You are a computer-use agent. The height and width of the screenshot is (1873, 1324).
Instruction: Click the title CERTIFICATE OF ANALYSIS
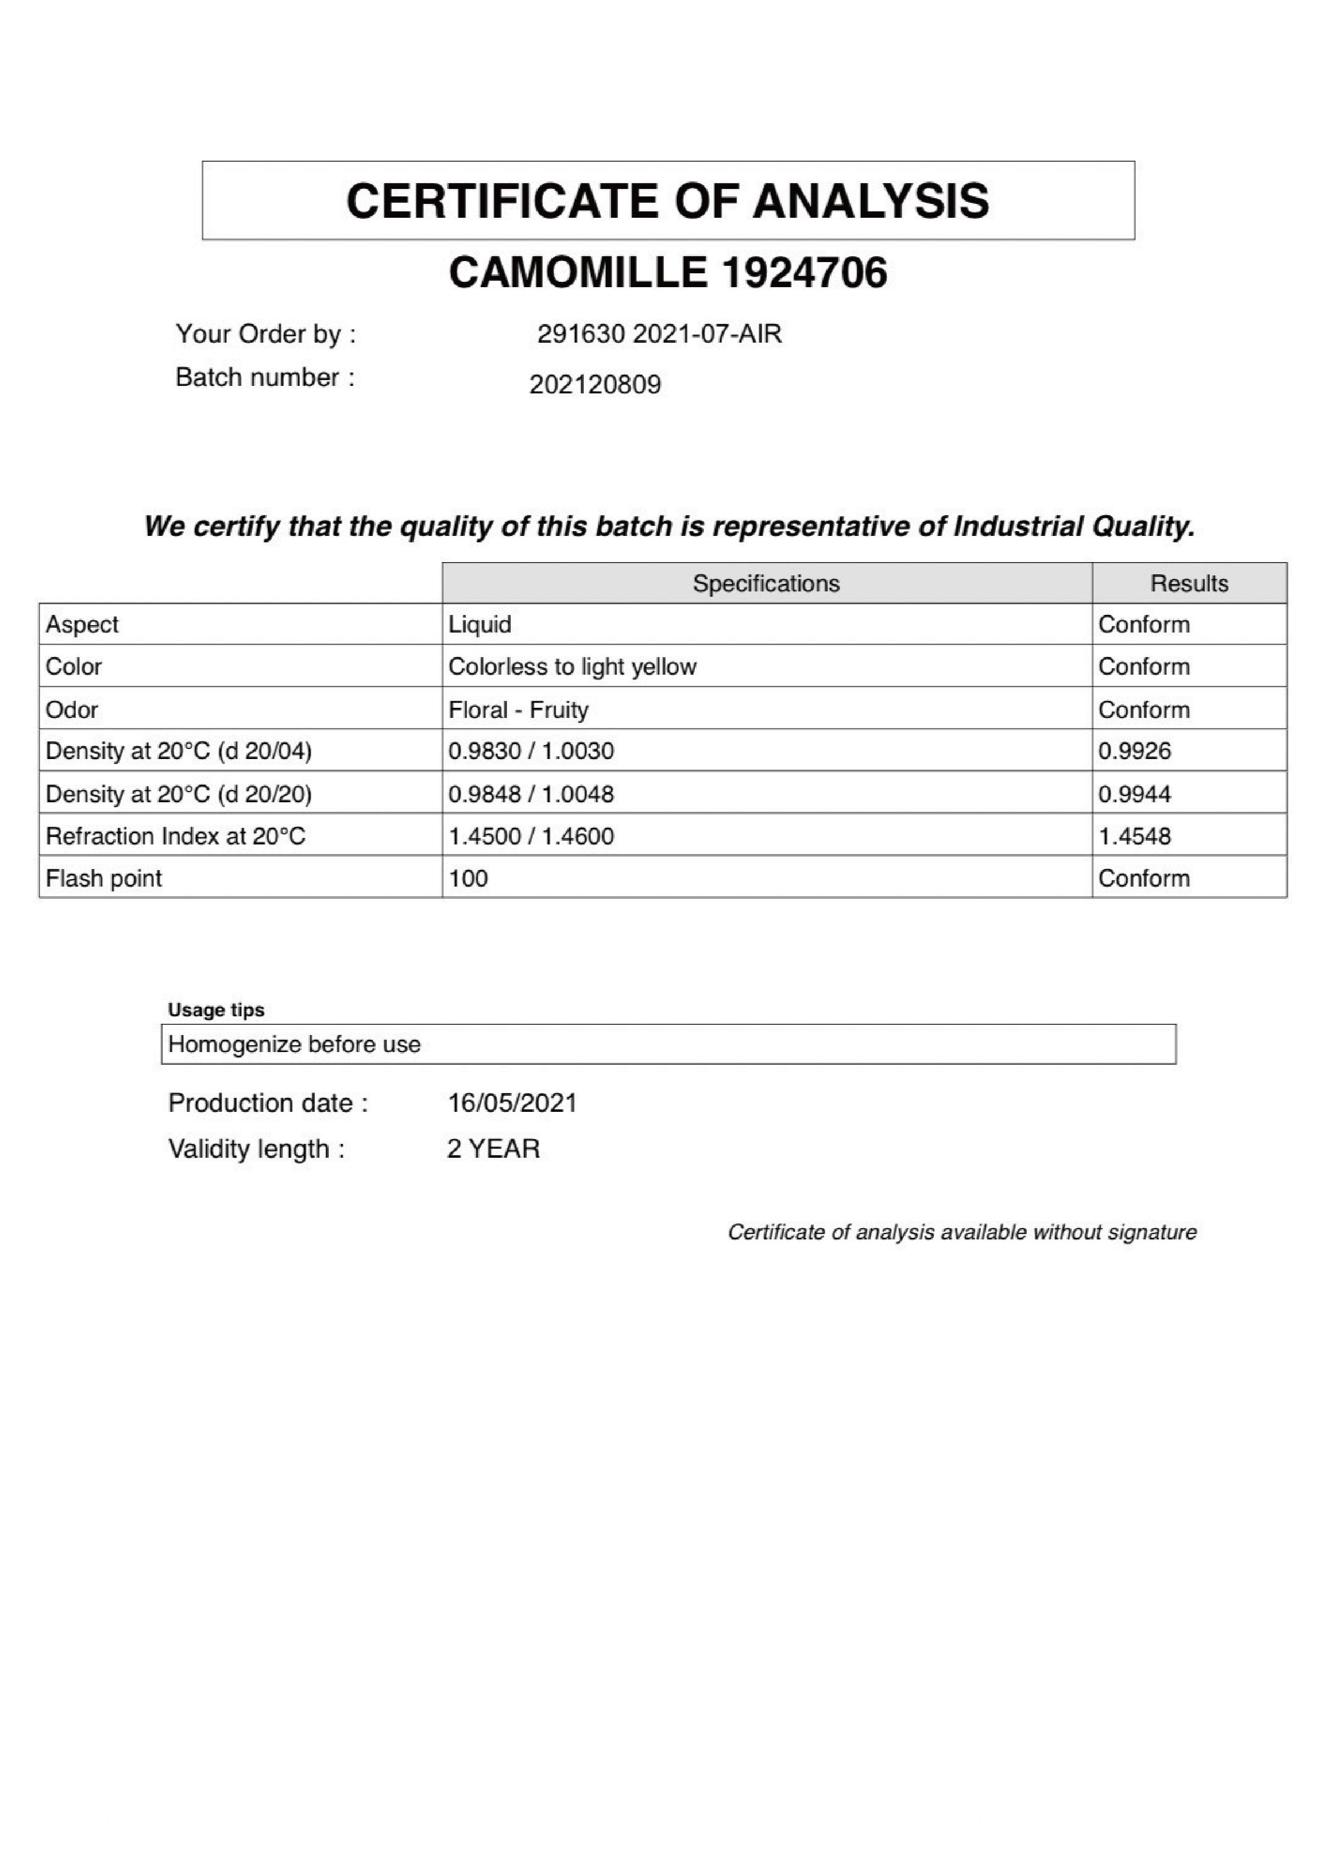point(667,201)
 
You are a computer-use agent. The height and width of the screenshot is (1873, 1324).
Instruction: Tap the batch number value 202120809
point(594,384)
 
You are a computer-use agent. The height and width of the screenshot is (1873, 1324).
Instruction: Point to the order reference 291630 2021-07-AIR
point(659,334)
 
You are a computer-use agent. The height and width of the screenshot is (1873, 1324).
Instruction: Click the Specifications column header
point(766,583)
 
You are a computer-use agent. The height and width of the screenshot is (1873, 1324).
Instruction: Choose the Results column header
point(1188,583)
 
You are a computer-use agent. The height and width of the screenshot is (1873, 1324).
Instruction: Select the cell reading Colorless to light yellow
point(572,667)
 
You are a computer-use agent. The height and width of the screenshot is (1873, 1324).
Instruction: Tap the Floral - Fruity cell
point(518,710)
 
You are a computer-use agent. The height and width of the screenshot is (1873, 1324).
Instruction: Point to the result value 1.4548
point(1134,836)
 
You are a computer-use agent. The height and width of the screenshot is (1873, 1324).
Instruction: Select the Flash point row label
point(104,879)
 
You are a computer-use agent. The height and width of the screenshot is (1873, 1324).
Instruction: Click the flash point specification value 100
point(468,879)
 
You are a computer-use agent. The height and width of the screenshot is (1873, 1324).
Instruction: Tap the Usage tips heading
point(216,1010)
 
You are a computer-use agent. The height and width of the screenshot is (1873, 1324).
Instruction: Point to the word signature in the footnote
point(1151,1232)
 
